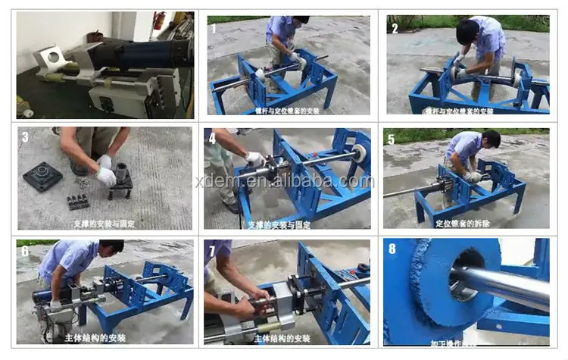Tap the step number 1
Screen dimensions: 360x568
[x=214, y=29]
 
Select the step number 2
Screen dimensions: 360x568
[x=395, y=29]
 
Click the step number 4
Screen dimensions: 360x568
[x=213, y=139]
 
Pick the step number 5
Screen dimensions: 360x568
[x=391, y=139]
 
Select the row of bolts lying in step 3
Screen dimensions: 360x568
[x=78, y=202]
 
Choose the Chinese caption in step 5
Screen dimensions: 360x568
[x=463, y=224]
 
